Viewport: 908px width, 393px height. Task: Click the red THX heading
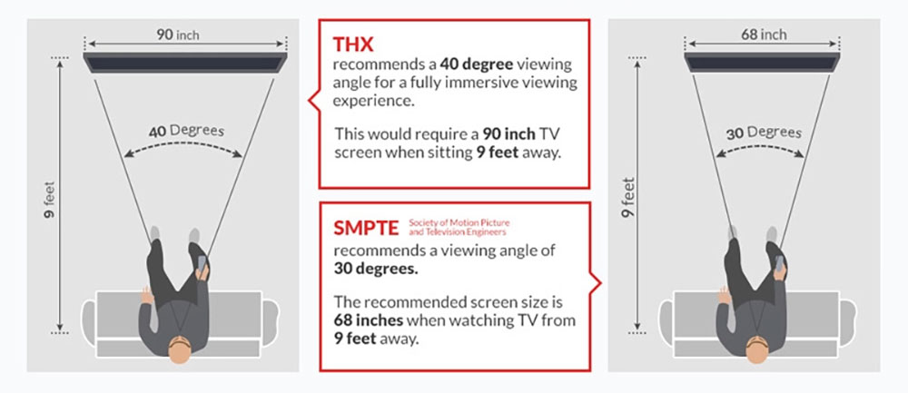tap(353, 44)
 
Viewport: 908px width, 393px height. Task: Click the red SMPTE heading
tap(366, 228)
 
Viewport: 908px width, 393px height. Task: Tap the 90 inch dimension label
tap(178, 34)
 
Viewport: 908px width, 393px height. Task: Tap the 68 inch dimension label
tap(764, 34)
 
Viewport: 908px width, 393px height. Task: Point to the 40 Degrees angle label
tap(186, 131)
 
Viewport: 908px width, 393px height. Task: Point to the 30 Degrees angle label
tap(764, 133)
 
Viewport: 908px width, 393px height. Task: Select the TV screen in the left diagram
tap(185, 63)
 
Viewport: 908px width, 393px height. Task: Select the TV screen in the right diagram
tap(762, 63)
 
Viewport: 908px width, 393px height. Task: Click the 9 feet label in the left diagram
tap(50, 198)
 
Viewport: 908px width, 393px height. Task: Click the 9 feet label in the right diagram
tap(629, 198)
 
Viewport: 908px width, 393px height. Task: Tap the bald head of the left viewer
tap(180, 349)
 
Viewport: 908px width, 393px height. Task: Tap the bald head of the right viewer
tap(757, 349)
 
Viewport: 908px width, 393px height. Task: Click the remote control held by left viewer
tap(202, 264)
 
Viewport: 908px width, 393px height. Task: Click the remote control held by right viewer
tap(779, 264)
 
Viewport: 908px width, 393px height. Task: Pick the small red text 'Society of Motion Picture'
tap(459, 223)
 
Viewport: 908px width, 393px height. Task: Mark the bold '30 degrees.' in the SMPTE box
tap(375, 270)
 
